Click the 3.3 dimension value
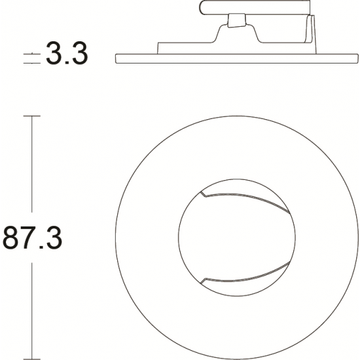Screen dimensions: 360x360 tap(67, 54)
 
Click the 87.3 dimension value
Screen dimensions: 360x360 tap(32, 238)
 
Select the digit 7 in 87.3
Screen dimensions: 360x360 tap(28, 238)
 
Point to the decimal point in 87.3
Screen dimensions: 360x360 tap(41, 247)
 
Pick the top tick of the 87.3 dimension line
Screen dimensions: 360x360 tap(32, 116)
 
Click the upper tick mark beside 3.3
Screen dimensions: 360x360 tap(32, 54)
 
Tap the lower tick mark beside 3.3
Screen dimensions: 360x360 tap(32, 63)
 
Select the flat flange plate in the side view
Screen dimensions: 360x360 tap(237, 58)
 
